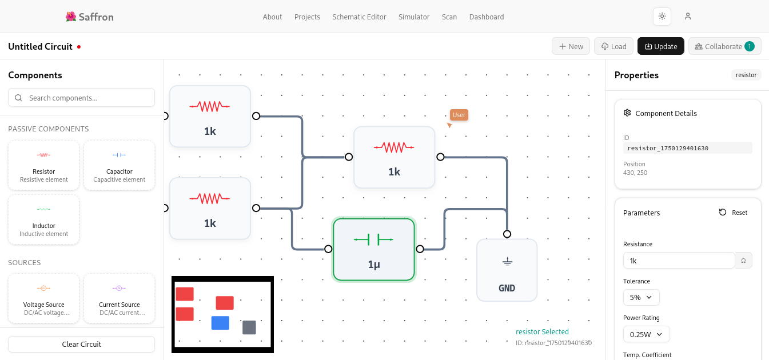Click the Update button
[660, 46]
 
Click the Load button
[613, 46]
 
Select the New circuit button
[571, 46]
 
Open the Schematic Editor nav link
[359, 17]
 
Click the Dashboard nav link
[487, 17]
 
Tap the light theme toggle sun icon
[662, 17]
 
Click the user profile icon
[688, 17]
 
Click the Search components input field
[81, 98]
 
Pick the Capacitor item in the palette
[119, 165]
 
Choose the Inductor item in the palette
[43, 219]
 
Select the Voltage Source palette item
[43, 298]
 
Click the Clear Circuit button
[81, 344]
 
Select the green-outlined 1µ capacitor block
[374, 250]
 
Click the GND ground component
[507, 270]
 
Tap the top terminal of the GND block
[507, 234]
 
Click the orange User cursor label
[459, 115]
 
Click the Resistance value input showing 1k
[679, 261]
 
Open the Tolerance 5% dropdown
[641, 297]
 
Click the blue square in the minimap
[220, 323]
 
